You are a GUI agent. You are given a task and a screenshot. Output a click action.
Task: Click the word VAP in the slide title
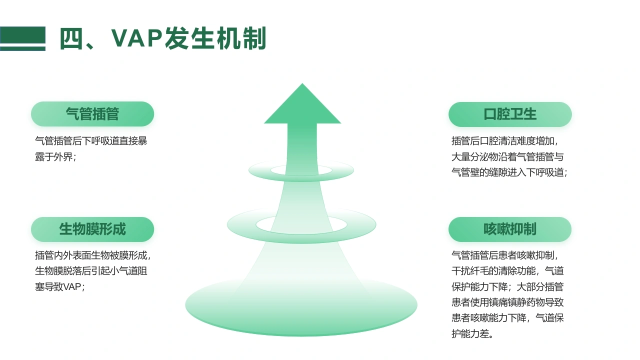point(137,37)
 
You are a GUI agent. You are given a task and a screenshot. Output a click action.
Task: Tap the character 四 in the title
point(71,38)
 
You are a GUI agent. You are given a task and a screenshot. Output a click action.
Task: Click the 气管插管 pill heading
point(92,114)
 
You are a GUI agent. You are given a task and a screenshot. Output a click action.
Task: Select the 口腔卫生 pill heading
point(510,114)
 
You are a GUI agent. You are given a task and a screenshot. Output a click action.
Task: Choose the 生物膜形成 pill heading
point(92,229)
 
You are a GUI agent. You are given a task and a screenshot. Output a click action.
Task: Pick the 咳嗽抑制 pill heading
point(510,229)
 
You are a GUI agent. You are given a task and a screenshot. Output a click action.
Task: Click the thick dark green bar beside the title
point(22,35)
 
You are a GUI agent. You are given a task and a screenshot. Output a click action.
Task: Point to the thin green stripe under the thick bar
point(22,49)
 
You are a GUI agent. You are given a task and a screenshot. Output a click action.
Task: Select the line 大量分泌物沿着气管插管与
point(507,157)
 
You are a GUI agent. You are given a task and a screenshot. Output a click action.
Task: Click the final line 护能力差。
point(472,333)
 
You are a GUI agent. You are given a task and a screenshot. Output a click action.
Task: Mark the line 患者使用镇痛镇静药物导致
point(507,302)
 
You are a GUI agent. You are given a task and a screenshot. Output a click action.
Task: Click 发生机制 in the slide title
point(215,38)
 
